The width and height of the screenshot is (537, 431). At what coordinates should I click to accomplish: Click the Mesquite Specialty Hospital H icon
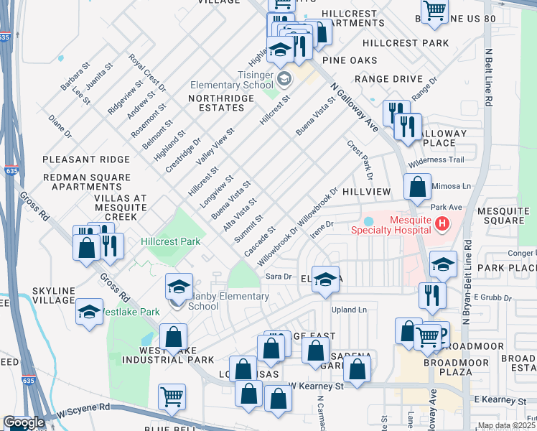[x=442, y=224]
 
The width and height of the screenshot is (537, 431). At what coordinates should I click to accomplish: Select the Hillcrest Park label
[x=170, y=242]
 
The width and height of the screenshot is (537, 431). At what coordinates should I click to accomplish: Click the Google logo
[x=24, y=422]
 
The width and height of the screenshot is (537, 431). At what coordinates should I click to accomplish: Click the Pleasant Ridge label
[x=86, y=159]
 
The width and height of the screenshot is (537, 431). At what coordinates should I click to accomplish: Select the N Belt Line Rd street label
[x=488, y=78]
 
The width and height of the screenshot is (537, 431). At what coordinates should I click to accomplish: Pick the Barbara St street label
[x=75, y=77]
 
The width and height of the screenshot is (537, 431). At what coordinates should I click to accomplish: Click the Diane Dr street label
[x=60, y=125]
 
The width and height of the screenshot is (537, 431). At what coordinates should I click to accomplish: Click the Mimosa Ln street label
[x=454, y=185]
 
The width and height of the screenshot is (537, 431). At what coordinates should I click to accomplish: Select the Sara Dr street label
[x=277, y=276]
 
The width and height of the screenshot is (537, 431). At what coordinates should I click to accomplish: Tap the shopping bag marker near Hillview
[x=417, y=189]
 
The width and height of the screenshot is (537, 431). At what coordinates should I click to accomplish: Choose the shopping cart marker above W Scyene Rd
[x=172, y=396]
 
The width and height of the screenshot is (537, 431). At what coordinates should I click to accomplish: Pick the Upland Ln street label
[x=349, y=310]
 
